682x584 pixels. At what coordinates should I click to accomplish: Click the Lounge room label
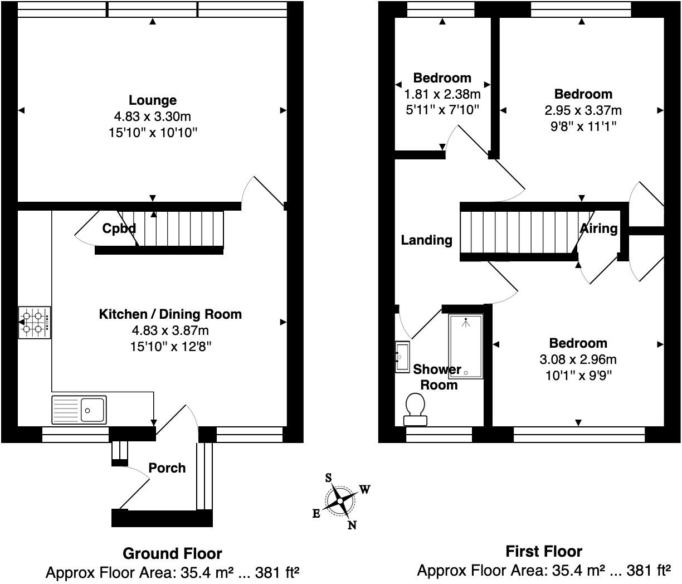click(x=153, y=100)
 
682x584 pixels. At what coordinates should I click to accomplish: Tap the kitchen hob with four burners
click(x=35, y=322)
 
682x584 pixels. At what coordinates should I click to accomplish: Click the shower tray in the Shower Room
click(x=466, y=347)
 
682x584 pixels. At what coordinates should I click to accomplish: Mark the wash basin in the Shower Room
click(x=402, y=357)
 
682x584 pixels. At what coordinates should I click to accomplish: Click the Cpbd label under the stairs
click(x=119, y=228)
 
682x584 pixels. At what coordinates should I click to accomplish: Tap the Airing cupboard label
click(x=598, y=228)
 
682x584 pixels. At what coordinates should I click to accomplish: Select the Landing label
click(x=426, y=240)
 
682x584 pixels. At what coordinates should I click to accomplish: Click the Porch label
click(x=167, y=468)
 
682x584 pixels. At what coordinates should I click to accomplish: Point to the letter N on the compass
click(x=352, y=525)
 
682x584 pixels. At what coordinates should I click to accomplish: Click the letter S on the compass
click(x=328, y=478)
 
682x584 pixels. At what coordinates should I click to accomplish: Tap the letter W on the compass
click(x=364, y=490)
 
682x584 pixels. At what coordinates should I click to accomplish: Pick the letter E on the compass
click(x=316, y=513)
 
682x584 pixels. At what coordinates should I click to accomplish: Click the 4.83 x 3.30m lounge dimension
click(x=153, y=116)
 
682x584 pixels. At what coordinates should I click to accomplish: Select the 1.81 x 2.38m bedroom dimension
click(x=442, y=94)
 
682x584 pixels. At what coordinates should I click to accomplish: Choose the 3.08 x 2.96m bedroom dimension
click(x=578, y=359)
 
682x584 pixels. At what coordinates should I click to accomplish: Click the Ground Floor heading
click(x=172, y=554)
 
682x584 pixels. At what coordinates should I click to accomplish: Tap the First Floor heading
click(x=544, y=552)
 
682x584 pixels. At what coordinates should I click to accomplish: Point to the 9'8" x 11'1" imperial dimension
click(x=583, y=126)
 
